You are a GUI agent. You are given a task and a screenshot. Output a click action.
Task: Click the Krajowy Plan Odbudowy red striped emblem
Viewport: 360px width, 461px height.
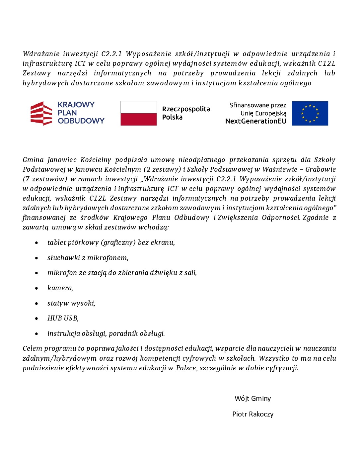point(41,113)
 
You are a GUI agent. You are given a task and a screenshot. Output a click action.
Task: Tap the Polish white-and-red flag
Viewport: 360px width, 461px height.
point(138,113)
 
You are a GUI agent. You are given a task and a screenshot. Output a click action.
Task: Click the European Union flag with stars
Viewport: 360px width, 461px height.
point(310,113)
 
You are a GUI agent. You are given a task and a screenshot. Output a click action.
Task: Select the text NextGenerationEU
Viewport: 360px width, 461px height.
point(255,121)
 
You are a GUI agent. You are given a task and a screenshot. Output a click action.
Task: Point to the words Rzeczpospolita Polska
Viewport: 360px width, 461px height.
point(186,113)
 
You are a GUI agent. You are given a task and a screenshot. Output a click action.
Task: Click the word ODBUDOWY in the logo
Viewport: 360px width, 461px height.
point(81,121)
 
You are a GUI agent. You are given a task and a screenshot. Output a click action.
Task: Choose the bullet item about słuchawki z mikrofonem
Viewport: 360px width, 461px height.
point(88,258)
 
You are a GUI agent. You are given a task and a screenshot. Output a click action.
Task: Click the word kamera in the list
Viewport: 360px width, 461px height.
point(60,288)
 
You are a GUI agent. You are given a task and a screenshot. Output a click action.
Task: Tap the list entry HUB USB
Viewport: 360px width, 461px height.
point(63,318)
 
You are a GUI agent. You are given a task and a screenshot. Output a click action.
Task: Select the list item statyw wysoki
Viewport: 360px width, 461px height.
point(71,303)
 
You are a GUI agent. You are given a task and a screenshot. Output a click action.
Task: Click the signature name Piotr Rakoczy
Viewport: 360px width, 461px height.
point(253,414)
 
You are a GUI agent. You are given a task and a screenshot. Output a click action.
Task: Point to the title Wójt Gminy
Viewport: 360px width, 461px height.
point(252,399)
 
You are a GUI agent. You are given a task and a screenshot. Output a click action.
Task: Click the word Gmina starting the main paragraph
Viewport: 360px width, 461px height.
point(33,160)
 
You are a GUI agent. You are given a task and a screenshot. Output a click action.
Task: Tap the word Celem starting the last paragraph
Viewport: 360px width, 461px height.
point(32,348)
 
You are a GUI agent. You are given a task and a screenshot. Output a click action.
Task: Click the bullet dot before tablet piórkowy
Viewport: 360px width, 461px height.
point(36,243)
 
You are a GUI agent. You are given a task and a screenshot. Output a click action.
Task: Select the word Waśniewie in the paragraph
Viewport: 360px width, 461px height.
point(280,169)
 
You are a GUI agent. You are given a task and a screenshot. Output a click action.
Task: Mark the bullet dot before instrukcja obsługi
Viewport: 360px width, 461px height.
point(36,334)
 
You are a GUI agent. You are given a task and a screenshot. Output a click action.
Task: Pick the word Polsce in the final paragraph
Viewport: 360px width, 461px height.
point(186,368)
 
